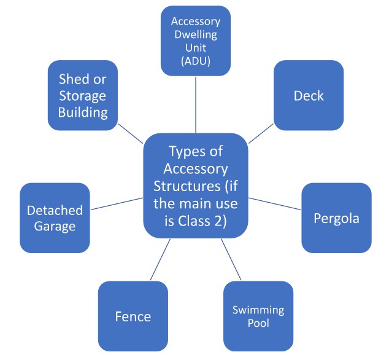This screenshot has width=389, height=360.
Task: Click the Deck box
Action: [x=308, y=95]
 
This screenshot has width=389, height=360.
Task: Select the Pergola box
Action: [x=336, y=218]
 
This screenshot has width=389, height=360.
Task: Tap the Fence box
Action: [x=133, y=316]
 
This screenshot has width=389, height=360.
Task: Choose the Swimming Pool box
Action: [x=258, y=316]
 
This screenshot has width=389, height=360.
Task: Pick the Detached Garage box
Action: [x=55, y=218]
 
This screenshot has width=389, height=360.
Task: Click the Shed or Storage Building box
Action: [x=82, y=95]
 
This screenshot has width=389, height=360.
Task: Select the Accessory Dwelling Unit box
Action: [x=196, y=41]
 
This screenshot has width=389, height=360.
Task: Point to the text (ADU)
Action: [x=196, y=62]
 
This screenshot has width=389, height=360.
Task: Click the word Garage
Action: [x=55, y=226]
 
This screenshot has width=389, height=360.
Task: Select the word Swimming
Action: [x=258, y=310]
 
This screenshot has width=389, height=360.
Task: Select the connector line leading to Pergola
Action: [x=275, y=203]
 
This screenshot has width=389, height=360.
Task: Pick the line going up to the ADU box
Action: [x=196, y=104]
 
